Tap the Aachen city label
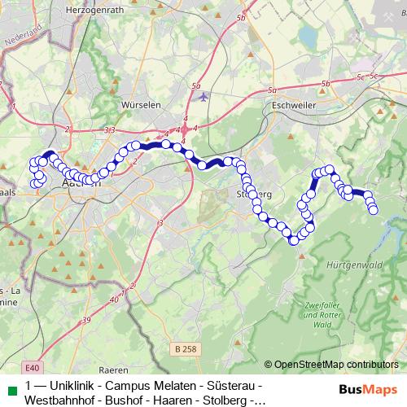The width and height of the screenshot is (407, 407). pyautogui.click(x=81, y=184)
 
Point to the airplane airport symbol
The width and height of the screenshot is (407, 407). pyautogui.click(x=202, y=96)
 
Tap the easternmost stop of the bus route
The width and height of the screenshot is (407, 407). pyautogui.click(x=374, y=210)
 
